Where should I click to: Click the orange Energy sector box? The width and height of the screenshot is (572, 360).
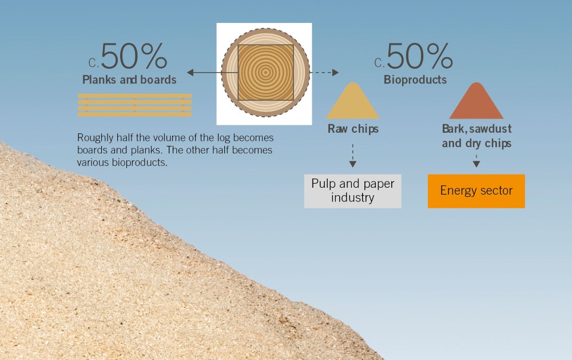(476, 191)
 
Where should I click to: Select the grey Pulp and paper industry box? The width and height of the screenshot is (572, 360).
(353, 191)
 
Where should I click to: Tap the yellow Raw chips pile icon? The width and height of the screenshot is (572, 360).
(353, 101)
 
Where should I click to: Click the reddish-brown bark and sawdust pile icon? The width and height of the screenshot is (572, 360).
(476, 101)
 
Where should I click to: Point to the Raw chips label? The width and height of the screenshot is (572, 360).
(353, 129)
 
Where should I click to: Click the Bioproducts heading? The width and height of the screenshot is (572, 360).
(415, 80)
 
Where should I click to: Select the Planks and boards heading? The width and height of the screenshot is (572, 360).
(129, 80)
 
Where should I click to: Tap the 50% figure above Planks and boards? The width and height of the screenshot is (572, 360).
(134, 56)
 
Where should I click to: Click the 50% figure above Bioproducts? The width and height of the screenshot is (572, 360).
(419, 56)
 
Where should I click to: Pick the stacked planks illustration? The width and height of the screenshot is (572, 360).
(134, 105)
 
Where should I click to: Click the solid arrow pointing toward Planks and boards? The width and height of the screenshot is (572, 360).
(212, 72)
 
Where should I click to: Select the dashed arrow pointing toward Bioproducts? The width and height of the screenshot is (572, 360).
(324, 72)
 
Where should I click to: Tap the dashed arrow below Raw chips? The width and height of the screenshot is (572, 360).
(353, 156)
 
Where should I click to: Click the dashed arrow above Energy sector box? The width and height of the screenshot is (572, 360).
(476, 161)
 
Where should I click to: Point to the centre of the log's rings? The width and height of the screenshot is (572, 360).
(265, 72)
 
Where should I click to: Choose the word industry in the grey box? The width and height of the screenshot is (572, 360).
(353, 197)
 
